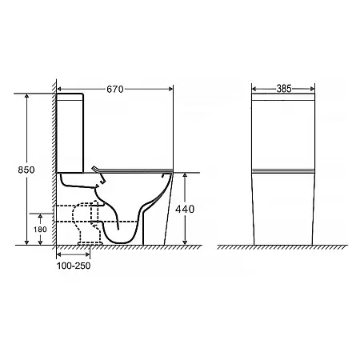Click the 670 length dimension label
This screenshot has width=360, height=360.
(x=115, y=89)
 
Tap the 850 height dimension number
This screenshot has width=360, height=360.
(x=26, y=170)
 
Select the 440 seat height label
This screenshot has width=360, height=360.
(x=185, y=209)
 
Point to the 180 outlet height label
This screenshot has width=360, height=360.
(x=40, y=229)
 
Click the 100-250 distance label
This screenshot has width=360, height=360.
(x=74, y=266)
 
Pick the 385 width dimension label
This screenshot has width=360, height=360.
(x=284, y=89)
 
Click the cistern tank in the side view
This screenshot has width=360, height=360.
(x=70, y=133)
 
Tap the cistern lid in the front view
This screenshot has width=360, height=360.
(x=283, y=97)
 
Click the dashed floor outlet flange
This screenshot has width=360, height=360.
(x=90, y=243)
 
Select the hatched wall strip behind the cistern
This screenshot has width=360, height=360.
(x=54, y=162)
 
